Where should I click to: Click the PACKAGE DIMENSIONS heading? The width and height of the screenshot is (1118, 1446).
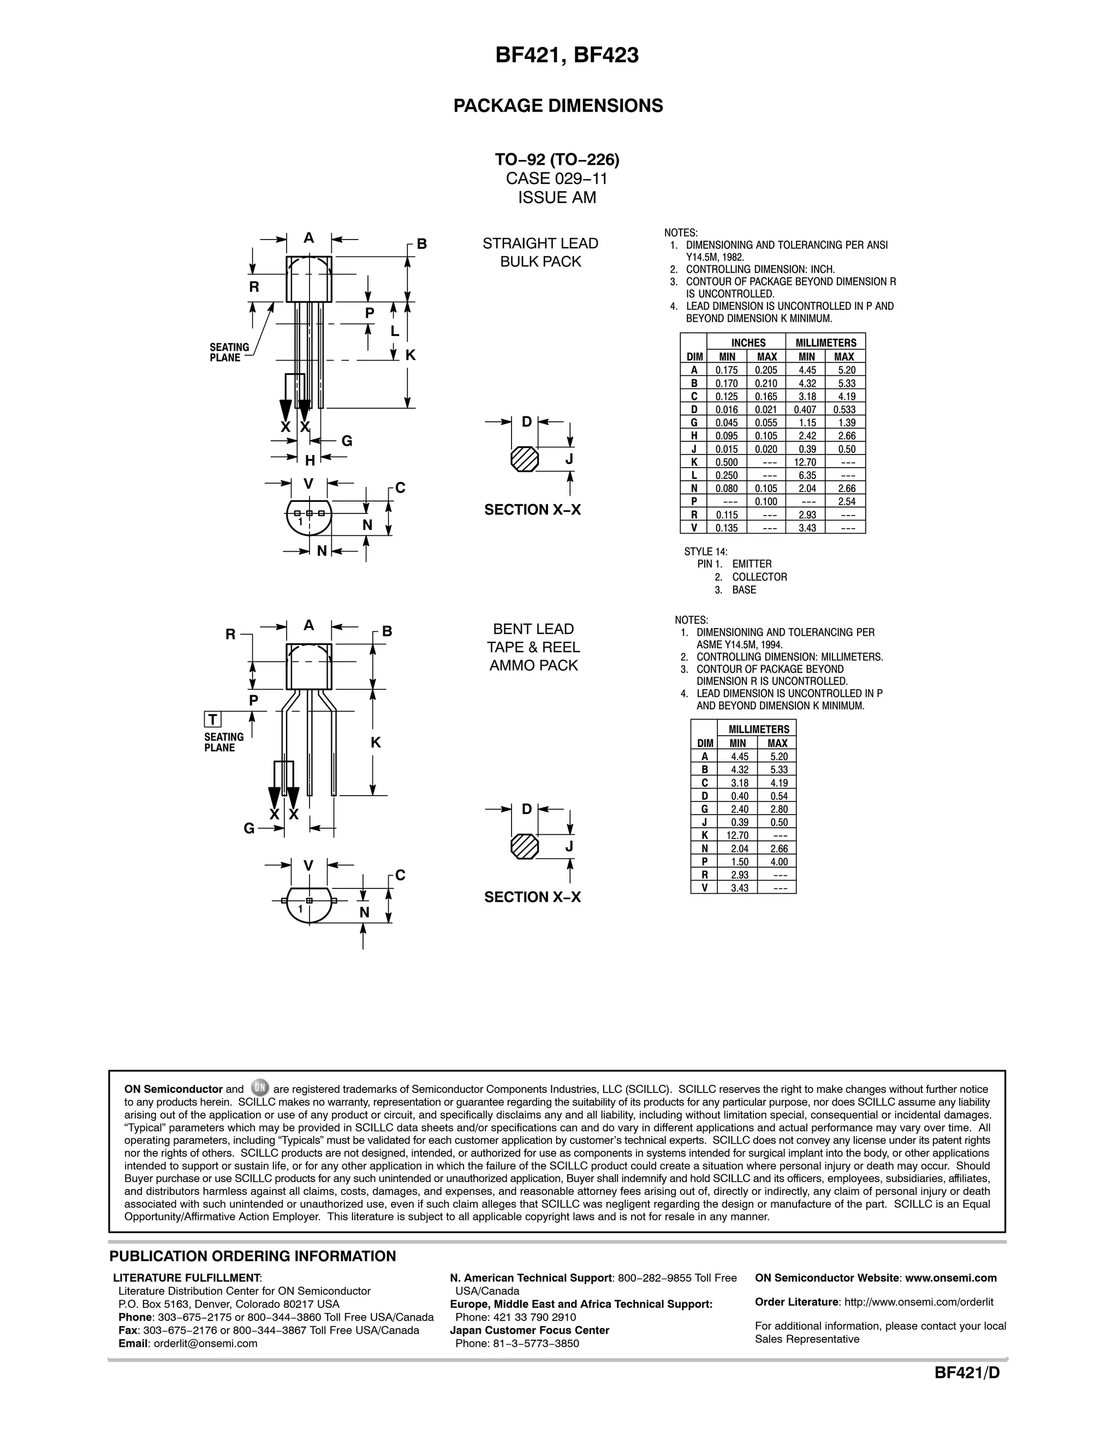pos(558,106)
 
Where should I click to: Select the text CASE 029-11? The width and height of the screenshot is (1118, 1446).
pos(556,179)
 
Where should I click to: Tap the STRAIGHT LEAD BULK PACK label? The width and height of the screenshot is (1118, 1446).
pos(540,252)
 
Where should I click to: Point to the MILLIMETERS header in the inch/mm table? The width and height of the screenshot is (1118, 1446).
pos(825,342)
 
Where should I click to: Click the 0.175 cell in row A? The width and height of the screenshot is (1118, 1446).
pos(727,370)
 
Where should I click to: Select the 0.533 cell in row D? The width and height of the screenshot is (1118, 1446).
pos(845,410)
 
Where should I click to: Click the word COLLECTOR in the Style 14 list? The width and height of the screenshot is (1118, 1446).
pos(759,577)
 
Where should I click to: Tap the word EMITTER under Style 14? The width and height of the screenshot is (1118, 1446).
pos(752,564)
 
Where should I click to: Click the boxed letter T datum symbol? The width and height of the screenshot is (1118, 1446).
pos(212,720)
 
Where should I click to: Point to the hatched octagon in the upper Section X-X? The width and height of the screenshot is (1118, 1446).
pos(525,459)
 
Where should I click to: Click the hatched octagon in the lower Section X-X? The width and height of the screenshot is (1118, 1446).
pos(525,846)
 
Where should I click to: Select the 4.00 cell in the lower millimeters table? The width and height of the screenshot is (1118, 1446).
pos(779,862)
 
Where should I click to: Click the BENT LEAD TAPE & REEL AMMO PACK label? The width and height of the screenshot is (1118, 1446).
pos(533,648)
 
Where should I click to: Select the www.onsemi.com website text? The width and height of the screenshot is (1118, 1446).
pos(950,1278)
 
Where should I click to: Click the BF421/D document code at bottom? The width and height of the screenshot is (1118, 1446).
pos(966,1373)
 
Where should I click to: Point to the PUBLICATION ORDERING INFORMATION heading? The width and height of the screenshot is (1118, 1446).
pos(252,1257)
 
